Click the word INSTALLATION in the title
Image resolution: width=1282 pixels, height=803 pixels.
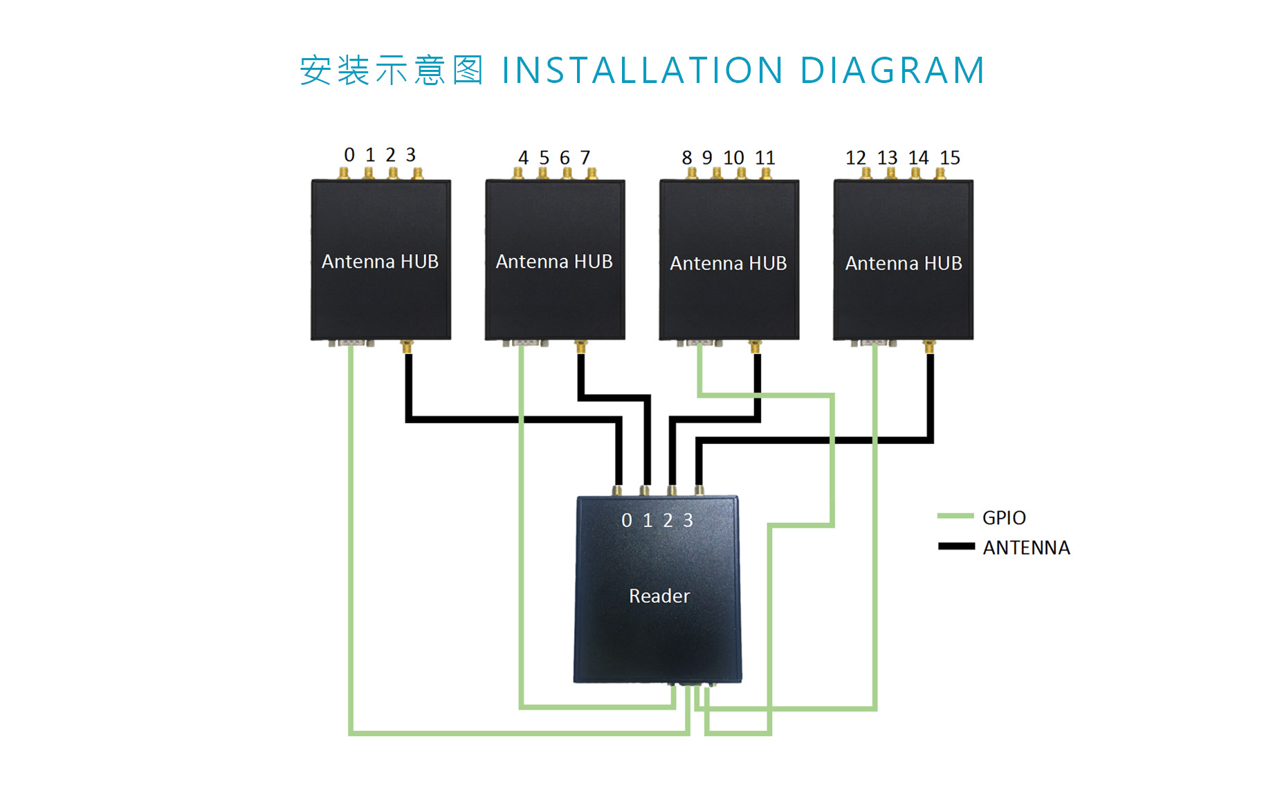tap(642, 71)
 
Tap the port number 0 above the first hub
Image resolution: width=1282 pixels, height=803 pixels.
tap(349, 155)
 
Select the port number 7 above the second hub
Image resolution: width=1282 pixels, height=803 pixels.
tap(585, 158)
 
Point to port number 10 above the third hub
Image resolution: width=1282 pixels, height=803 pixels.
tap(733, 158)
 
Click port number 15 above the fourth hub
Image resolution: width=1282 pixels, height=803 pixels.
tap(949, 158)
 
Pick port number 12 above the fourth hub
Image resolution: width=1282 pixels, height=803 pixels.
tap(856, 158)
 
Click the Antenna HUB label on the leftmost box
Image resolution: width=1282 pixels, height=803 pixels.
tap(380, 261)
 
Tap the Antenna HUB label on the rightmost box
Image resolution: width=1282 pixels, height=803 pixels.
tap(903, 264)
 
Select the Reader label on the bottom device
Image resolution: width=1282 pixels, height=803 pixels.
tap(659, 596)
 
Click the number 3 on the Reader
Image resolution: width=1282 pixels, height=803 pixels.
tap(688, 520)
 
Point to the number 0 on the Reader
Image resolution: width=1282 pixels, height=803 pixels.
tap(627, 520)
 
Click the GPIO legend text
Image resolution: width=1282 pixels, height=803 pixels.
tap(1003, 517)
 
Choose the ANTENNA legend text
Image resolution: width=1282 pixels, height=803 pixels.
tap(1026, 548)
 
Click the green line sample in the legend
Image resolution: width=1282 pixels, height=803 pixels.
tap(955, 516)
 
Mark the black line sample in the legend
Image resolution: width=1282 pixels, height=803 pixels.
tap(956, 546)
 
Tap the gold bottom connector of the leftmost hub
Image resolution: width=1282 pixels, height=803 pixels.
tap(407, 346)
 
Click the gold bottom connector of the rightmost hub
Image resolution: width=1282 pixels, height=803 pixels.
tap(929, 346)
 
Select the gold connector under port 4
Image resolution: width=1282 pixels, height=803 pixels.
tap(518, 174)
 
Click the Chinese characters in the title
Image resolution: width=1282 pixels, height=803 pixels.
tap(391, 71)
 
